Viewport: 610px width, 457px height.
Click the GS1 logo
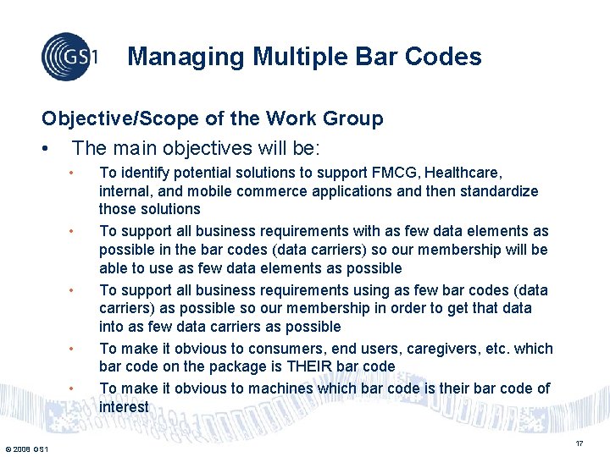(69, 57)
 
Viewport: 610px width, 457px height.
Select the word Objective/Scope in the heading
(111, 118)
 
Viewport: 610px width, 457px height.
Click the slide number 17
(579, 443)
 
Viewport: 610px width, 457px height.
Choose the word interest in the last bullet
(124, 406)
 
